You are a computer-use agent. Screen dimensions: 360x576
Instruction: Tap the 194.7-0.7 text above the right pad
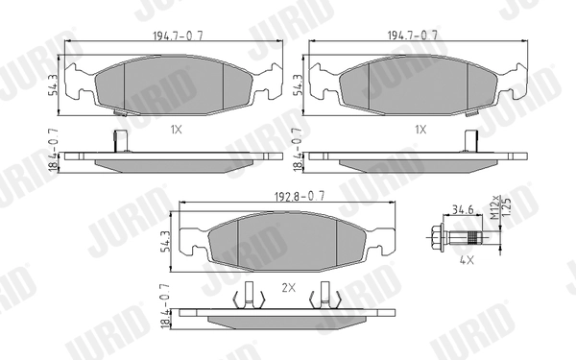(413, 35)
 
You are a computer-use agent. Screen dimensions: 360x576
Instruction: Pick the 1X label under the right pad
(419, 128)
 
